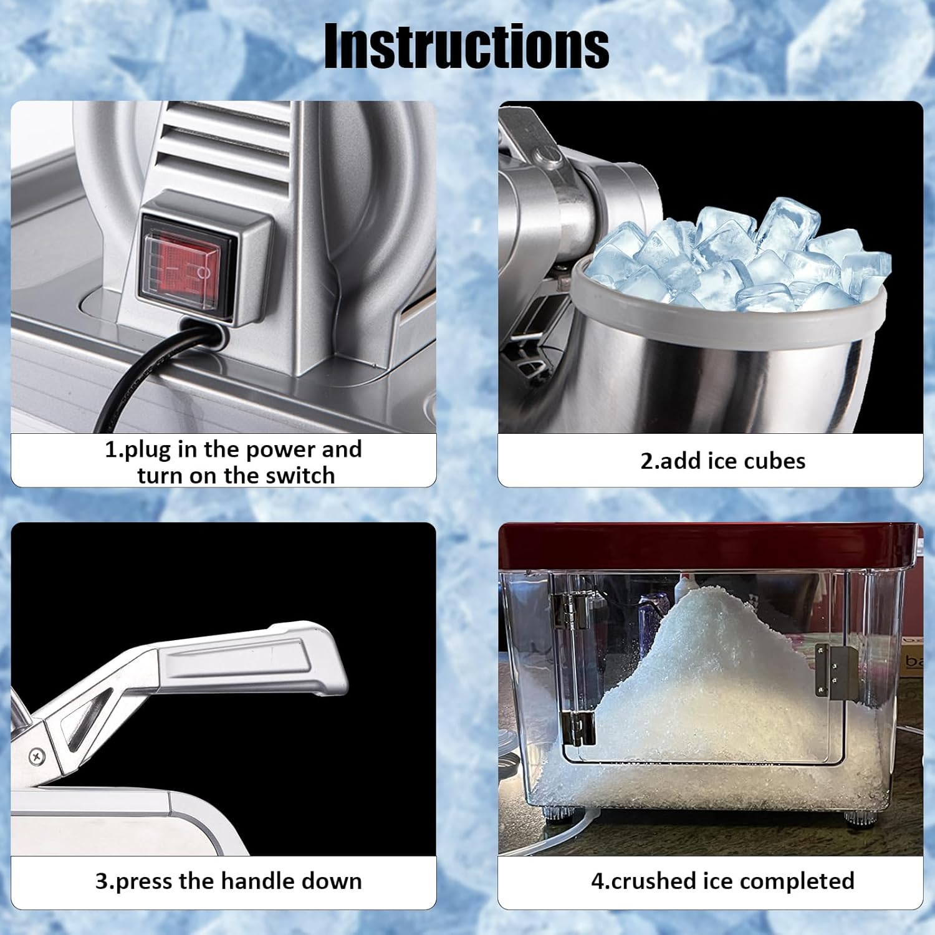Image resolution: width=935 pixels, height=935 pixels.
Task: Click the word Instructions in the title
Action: coord(466,47)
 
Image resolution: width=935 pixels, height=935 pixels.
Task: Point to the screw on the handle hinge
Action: coord(37,756)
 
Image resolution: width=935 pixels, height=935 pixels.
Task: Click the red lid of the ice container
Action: coord(704,545)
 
